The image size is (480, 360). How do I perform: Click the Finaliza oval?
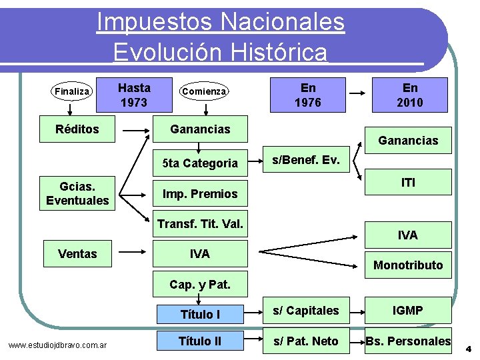[x=71, y=91]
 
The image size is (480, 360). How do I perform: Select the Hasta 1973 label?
[x=134, y=95]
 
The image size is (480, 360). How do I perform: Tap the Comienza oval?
[x=205, y=91]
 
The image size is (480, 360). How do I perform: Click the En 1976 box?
[x=308, y=95]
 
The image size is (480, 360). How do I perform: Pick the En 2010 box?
[x=410, y=95]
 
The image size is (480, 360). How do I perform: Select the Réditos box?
[x=77, y=129]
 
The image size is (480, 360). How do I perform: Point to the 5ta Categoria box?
[x=200, y=163]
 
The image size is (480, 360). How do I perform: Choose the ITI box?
[x=408, y=182]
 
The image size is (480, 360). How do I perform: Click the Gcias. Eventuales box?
[x=77, y=193]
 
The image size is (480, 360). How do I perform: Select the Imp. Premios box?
[x=200, y=194]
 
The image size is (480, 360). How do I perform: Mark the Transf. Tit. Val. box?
[x=200, y=224]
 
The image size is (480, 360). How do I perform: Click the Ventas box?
[x=77, y=253]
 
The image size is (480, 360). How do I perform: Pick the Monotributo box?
[x=408, y=265]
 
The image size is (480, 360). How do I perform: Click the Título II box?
[x=200, y=341]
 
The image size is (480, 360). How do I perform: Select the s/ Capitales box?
[x=307, y=310]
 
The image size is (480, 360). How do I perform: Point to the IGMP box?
[x=408, y=310]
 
